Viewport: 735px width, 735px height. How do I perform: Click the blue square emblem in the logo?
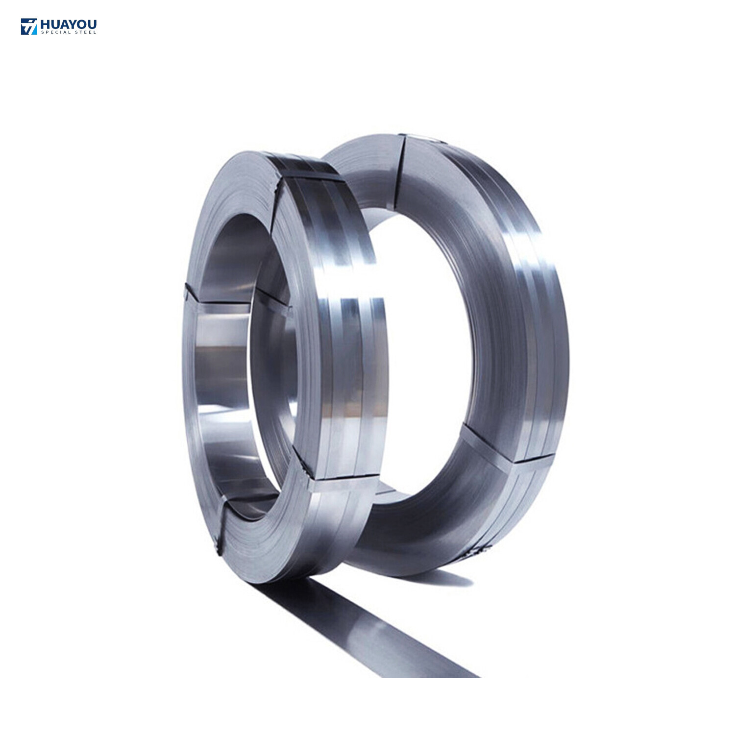29,26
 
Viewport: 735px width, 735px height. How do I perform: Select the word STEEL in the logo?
85,32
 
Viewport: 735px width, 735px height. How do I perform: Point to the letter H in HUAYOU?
45,24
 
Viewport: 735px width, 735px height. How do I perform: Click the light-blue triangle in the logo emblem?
32,29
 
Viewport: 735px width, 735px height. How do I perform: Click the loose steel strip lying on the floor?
372,632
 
